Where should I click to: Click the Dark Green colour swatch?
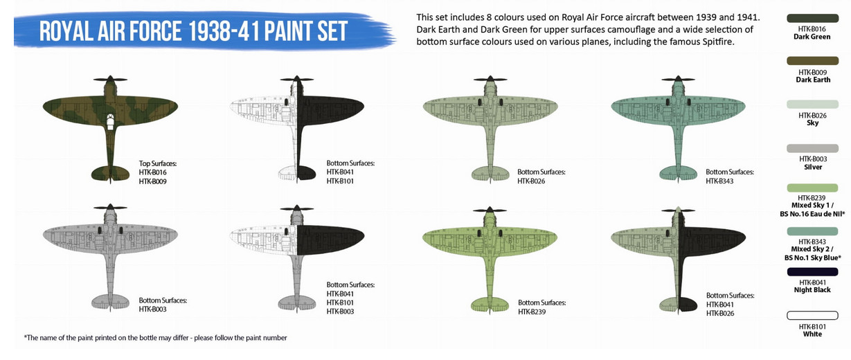coord(812,18)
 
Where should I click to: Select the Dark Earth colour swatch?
coord(812,61)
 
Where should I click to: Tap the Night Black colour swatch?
coord(812,272)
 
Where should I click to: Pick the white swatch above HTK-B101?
coord(812,316)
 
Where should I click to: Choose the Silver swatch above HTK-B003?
coord(812,148)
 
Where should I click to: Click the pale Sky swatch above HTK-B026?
coord(812,105)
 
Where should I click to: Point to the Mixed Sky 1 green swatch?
coord(812,188)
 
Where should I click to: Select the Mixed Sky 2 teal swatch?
coord(812,231)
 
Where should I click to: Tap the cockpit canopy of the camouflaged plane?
coord(110,122)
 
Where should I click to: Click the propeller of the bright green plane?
coord(490,210)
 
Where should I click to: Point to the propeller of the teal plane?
coord(678,80)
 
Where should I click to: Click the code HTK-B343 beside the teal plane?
coord(719,181)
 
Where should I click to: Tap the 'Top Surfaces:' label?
coord(158,163)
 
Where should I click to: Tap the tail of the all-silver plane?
coord(110,302)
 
